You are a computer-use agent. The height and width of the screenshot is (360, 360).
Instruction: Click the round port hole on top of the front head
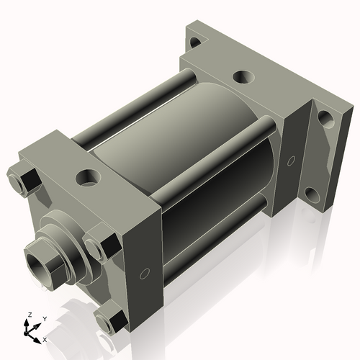tap(88, 175)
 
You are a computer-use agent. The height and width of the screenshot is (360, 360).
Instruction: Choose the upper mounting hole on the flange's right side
tap(325, 117)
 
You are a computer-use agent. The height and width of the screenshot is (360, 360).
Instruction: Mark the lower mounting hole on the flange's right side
tap(311, 194)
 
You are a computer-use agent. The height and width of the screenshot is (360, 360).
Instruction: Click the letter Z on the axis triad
tap(29, 315)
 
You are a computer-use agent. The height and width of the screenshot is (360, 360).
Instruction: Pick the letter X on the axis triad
tap(45, 338)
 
